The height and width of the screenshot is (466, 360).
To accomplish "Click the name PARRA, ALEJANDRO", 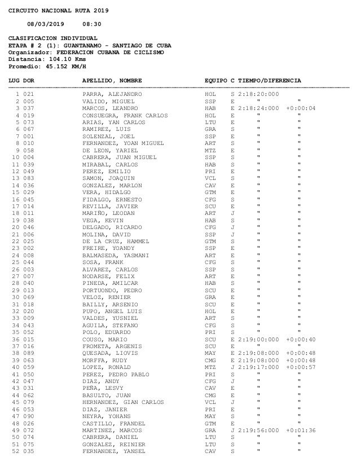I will (x=110, y=94).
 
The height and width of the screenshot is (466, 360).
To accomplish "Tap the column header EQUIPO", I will (x=216, y=80).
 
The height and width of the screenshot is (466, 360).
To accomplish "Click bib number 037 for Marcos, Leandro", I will (x=29, y=108).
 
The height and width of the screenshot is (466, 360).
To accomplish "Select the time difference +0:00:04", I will (x=301, y=108).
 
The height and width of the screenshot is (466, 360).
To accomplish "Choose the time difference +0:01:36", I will (x=301, y=430).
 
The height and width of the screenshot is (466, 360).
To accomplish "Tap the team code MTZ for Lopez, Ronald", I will (x=210, y=367).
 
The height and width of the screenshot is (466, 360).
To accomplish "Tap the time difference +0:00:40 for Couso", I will (x=301, y=339).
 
